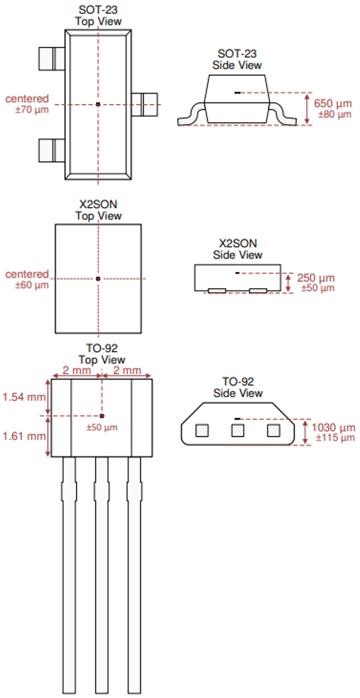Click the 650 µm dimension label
coord(333,103)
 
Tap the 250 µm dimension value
coord(315,278)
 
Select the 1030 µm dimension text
coord(333,428)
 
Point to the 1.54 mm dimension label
coord(24,397)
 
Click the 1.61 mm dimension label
coord(24,436)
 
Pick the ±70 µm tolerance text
coord(32,110)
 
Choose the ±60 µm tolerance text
coord(32,285)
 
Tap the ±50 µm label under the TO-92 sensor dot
coord(102,428)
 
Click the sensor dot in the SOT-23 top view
coord(98,104)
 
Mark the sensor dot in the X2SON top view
coord(98,279)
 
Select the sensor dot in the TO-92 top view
coord(102,416)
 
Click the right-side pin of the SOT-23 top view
coord(145,105)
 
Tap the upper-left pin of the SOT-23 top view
coord(51,59)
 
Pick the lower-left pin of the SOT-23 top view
coord(51,150)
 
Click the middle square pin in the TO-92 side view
coord(238,431)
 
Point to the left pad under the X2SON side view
coord(217,291)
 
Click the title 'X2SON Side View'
coord(238,249)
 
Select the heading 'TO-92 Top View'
coord(102,354)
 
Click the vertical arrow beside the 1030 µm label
coord(305,432)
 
